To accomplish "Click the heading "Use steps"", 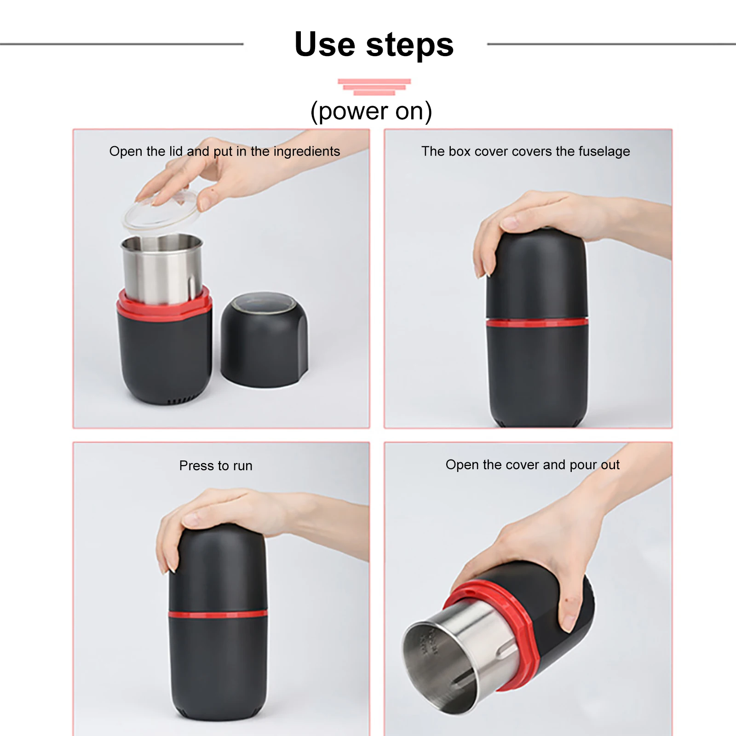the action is [374, 45].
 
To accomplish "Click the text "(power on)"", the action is [371, 111].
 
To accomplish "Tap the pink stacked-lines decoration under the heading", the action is [374, 87].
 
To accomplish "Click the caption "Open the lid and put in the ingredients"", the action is [224, 151].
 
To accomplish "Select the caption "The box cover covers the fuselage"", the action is [526, 151].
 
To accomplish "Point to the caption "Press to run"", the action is [216, 466].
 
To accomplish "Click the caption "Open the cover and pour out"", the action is [533, 465].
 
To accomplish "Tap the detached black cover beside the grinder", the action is [264, 339].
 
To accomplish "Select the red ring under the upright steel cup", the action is [164, 304].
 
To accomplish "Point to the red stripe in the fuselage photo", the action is [537, 322].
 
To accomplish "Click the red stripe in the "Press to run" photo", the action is [218, 614].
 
